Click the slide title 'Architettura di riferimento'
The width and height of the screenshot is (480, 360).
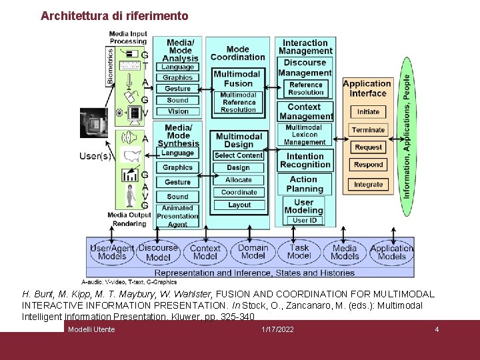pos(115,15)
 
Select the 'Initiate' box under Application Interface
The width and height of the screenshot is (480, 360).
pos(368,112)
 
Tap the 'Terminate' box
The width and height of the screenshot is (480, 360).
pos(368,130)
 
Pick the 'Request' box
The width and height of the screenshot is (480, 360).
pos(368,147)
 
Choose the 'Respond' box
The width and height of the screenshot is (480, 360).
pos(368,165)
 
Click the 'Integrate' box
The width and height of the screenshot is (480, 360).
pos(368,185)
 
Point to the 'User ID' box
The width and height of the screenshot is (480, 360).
pos(305,221)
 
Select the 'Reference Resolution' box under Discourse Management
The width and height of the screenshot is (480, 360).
pos(305,89)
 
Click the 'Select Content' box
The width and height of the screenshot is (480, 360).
pos(239,155)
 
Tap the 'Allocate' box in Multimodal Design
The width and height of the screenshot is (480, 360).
pos(239,180)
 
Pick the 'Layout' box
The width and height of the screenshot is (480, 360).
pos(239,205)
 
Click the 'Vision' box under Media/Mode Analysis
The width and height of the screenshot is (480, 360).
pos(178,111)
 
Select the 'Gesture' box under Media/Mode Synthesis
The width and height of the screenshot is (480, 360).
pos(178,182)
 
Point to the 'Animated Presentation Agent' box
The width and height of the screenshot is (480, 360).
pos(178,216)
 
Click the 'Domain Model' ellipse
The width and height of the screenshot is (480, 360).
pos(253,251)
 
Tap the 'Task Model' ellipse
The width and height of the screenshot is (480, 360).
pos(299,251)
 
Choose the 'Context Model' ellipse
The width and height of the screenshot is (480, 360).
pos(205,252)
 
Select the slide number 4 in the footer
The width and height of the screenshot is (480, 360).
pos(437,329)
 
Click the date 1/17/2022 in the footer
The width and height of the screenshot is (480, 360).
pos(277,329)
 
